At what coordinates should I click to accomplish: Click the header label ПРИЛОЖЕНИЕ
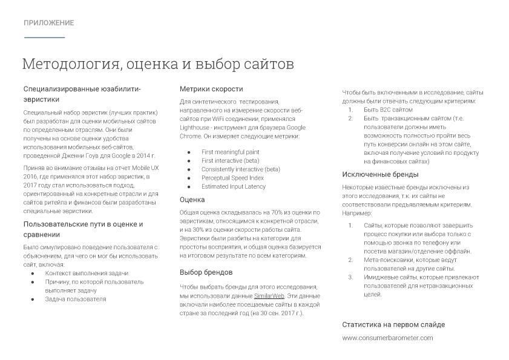[49, 23]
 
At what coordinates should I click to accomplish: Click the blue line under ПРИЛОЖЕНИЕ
[44, 38]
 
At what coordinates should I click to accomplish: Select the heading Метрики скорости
[211, 89]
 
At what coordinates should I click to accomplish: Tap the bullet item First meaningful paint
[230, 152]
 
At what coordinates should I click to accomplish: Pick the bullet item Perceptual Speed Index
[232, 178]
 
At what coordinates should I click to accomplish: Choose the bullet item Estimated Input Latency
[233, 186]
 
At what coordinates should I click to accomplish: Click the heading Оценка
[192, 200]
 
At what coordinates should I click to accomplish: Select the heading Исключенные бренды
[380, 175]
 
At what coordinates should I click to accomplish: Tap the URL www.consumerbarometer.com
[387, 338]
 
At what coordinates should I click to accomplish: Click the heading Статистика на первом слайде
[393, 324]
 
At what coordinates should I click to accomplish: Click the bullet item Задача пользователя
[75, 299]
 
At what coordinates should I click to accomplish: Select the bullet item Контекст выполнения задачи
[87, 273]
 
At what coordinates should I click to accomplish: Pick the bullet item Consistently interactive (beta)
[240, 169]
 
